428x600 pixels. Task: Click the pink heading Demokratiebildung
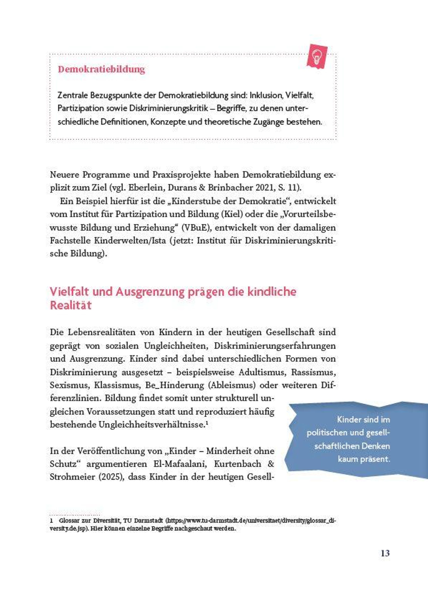[101, 69]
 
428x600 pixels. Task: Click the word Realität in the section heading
[71, 305]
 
